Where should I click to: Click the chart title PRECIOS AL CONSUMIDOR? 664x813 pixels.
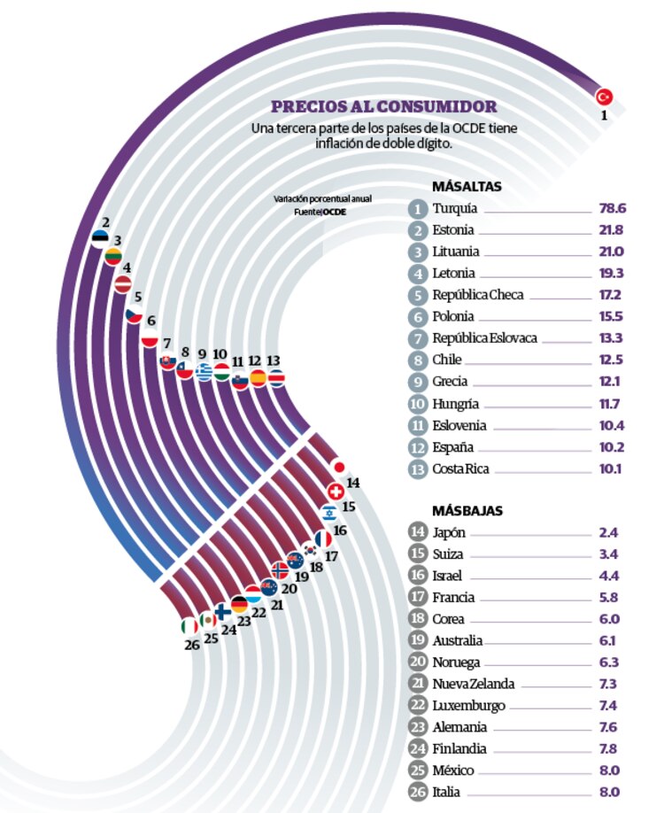point(383,107)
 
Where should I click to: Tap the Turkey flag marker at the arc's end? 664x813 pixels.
point(605,97)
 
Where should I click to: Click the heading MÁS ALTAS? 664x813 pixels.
point(467,187)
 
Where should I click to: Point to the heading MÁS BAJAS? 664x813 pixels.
point(467,511)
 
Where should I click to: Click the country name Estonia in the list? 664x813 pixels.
point(453,230)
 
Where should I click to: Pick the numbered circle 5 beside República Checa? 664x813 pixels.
point(418,295)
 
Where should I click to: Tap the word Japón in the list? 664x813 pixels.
point(450,533)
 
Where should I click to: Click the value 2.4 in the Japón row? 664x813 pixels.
point(608,533)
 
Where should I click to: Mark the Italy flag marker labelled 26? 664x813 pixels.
point(189,626)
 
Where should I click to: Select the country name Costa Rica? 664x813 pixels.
point(460,468)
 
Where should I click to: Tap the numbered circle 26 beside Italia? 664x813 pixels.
point(418,792)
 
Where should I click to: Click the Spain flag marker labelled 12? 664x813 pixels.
point(259,377)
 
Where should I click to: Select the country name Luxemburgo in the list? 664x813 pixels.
point(469,706)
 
